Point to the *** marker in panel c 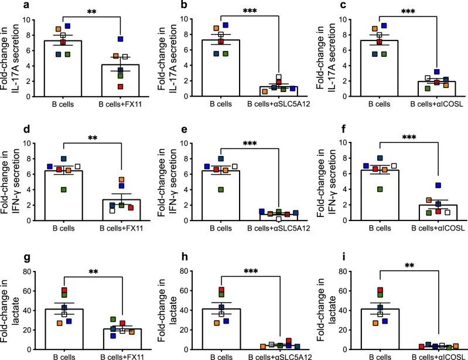402,12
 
